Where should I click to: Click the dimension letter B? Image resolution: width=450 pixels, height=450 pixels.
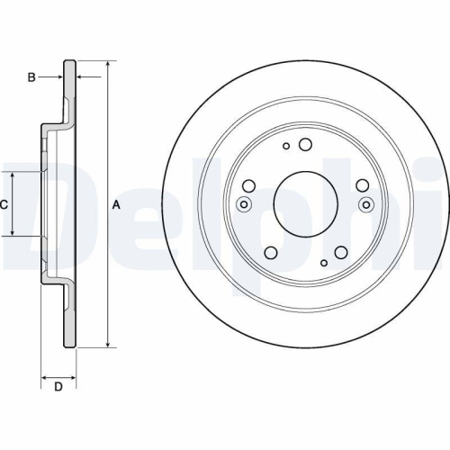click(31, 78)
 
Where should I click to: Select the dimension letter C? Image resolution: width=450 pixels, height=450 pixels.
click(4, 204)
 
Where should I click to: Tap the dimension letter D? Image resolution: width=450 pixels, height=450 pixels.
click(58, 388)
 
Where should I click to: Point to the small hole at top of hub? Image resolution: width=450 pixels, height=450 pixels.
click(286, 146)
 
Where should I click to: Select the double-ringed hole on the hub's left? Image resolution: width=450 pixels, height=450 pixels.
click(244, 204)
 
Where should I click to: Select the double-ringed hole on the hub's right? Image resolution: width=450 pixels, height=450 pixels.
click(365, 204)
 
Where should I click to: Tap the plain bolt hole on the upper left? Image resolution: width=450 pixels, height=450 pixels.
click(249, 185)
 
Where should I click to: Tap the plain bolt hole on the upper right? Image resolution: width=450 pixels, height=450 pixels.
click(362, 185)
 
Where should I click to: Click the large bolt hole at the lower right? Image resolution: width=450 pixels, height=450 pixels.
click(343, 254)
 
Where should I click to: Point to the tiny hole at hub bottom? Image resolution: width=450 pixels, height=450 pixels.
click(324, 264)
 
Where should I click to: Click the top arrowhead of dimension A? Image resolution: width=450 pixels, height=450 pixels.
click(109, 66)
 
